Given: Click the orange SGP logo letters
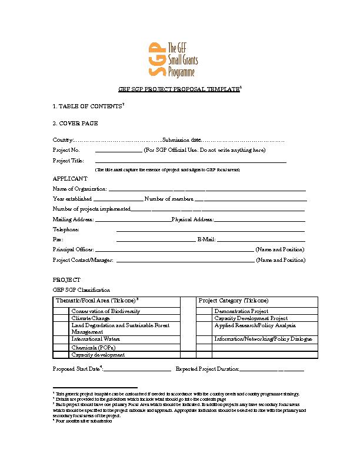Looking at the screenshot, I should point(155,59).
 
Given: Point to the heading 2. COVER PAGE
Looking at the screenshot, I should point(75,123).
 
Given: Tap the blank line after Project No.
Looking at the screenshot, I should point(118,151).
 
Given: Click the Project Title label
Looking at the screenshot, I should point(68,160).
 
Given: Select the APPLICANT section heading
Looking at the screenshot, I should point(70,178).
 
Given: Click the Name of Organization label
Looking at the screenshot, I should point(79,189).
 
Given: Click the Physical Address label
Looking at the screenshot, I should point(192,219).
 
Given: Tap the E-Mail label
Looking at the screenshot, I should point(206,239).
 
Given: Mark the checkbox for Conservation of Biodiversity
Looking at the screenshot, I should point(61,311).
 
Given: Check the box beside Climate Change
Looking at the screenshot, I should point(61,318).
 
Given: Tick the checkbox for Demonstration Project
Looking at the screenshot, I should point(204,311).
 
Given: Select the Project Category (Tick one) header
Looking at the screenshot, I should point(234,301).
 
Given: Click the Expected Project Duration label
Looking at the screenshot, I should point(207,369).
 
